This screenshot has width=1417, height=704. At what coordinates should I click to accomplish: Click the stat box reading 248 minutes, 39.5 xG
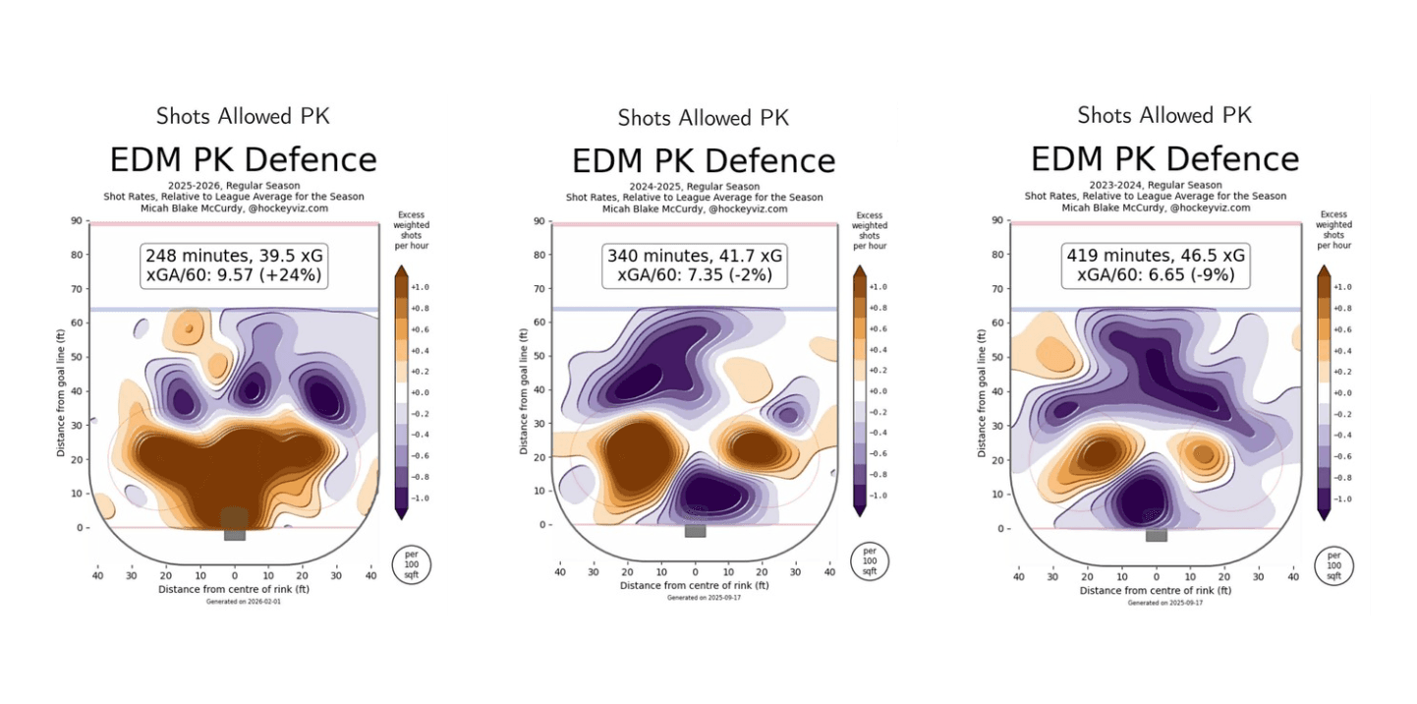[234, 265]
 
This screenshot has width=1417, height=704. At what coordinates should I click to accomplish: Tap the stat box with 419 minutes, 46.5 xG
[1156, 265]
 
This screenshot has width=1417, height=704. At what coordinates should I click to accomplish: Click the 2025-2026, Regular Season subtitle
[234, 185]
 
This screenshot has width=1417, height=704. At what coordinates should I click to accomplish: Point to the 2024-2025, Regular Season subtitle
[696, 186]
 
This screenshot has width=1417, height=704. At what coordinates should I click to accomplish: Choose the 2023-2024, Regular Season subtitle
[1156, 185]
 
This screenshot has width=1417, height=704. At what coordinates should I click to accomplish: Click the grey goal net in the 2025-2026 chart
[234, 533]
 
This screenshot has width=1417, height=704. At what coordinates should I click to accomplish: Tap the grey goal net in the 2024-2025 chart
[696, 530]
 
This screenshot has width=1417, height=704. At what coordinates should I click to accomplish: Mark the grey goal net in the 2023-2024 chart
[1156, 535]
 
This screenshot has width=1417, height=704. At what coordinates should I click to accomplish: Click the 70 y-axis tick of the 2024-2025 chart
[537, 289]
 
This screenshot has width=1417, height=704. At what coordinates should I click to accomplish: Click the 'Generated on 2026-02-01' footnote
[235, 601]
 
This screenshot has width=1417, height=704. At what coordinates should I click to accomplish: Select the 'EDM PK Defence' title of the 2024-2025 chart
[704, 160]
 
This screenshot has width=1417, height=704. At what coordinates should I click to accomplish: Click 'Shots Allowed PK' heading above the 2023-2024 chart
[1164, 115]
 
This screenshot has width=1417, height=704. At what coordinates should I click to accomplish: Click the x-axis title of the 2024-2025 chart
[695, 585]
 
